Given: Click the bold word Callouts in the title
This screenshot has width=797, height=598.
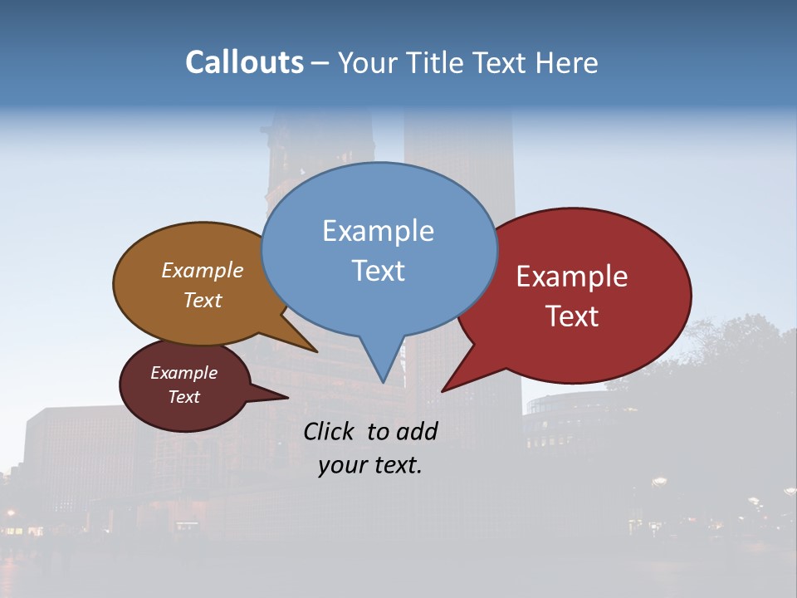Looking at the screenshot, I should point(244,63).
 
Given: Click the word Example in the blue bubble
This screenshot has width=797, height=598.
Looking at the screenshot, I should point(378,231).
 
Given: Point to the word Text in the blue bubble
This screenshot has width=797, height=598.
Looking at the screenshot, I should point(378,271).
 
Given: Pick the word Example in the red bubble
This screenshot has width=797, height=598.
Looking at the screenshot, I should point(572,277).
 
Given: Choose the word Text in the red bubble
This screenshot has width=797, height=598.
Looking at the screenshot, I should point(572,316).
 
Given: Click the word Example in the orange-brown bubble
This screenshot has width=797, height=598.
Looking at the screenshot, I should point(203,271).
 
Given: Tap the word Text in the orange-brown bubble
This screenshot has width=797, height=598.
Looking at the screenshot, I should point(203,300).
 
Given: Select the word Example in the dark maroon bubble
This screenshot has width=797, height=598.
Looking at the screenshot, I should point(183,373).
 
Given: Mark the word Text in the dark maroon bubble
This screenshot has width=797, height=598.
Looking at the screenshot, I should point(183,397).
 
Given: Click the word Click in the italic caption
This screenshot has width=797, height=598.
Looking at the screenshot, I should point(330,431).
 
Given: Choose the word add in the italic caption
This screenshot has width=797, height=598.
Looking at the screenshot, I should point(417,431).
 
